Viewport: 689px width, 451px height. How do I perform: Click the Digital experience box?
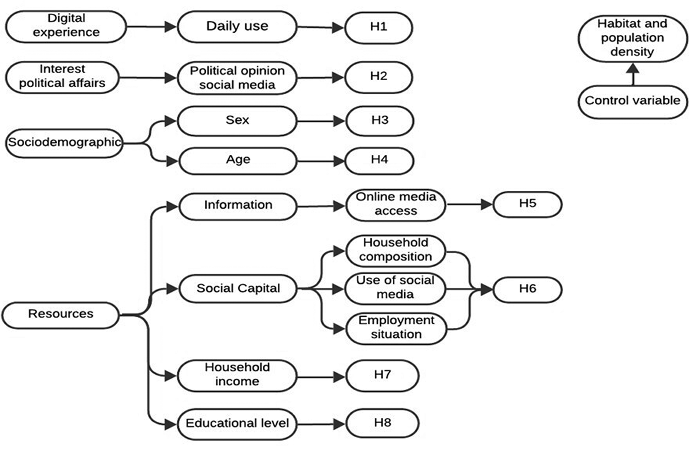pyautogui.click(x=66, y=26)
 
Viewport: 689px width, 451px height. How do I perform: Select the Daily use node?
pyautogui.click(x=237, y=26)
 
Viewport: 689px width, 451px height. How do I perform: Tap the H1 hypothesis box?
pyautogui.click(x=379, y=28)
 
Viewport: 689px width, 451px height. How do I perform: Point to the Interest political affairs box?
pyautogui.click(x=62, y=77)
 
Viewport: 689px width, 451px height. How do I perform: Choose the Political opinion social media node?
pyautogui.click(x=237, y=78)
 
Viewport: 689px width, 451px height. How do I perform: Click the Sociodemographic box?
pyautogui.click(x=64, y=143)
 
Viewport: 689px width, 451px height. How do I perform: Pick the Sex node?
pyautogui.click(x=237, y=121)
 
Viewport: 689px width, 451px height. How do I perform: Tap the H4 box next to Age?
pyautogui.click(x=379, y=161)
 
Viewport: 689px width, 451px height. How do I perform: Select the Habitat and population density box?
pyautogui.click(x=633, y=38)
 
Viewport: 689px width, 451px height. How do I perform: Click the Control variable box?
pyautogui.click(x=633, y=102)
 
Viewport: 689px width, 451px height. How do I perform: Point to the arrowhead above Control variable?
pyautogui.click(x=633, y=68)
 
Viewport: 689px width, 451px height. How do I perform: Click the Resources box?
pyautogui.click(x=60, y=315)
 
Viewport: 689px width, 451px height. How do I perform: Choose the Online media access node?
pyautogui.click(x=396, y=205)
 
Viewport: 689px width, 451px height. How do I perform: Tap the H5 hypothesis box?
pyautogui.click(x=528, y=204)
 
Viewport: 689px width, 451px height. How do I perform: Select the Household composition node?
pyautogui.click(x=396, y=251)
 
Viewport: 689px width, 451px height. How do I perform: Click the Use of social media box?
pyautogui.click(x=395, y=288)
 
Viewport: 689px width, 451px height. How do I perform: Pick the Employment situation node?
pyautogui.click(x=396, y=328)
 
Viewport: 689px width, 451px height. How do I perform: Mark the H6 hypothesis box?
pyautogui.click(x=528, y=290)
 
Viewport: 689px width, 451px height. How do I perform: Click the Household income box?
pyautogui.click(x=237, y=376)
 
